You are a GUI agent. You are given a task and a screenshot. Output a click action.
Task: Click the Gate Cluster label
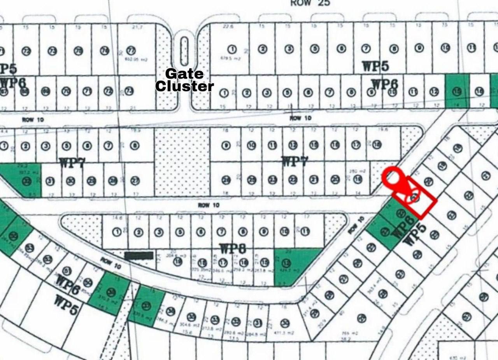point(184,80)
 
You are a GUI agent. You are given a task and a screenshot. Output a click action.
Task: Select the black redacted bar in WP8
point(139,255)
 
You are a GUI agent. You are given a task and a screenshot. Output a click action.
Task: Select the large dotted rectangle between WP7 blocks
point(182,161)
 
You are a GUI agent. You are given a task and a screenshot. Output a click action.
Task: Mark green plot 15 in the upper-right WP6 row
point(457,91)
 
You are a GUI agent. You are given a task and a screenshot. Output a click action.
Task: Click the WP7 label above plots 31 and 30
point(72,163)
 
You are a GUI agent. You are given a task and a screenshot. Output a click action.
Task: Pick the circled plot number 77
point(131,51)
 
